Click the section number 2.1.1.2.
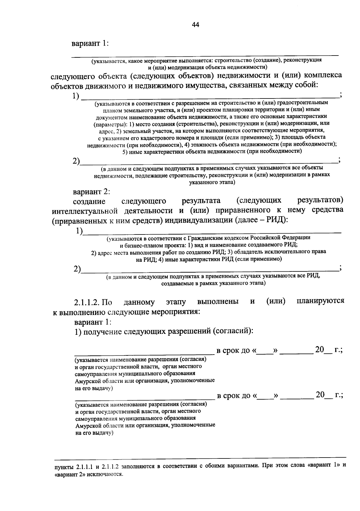[88, 302]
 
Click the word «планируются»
[320, 301]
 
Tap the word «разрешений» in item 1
[190, 331]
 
